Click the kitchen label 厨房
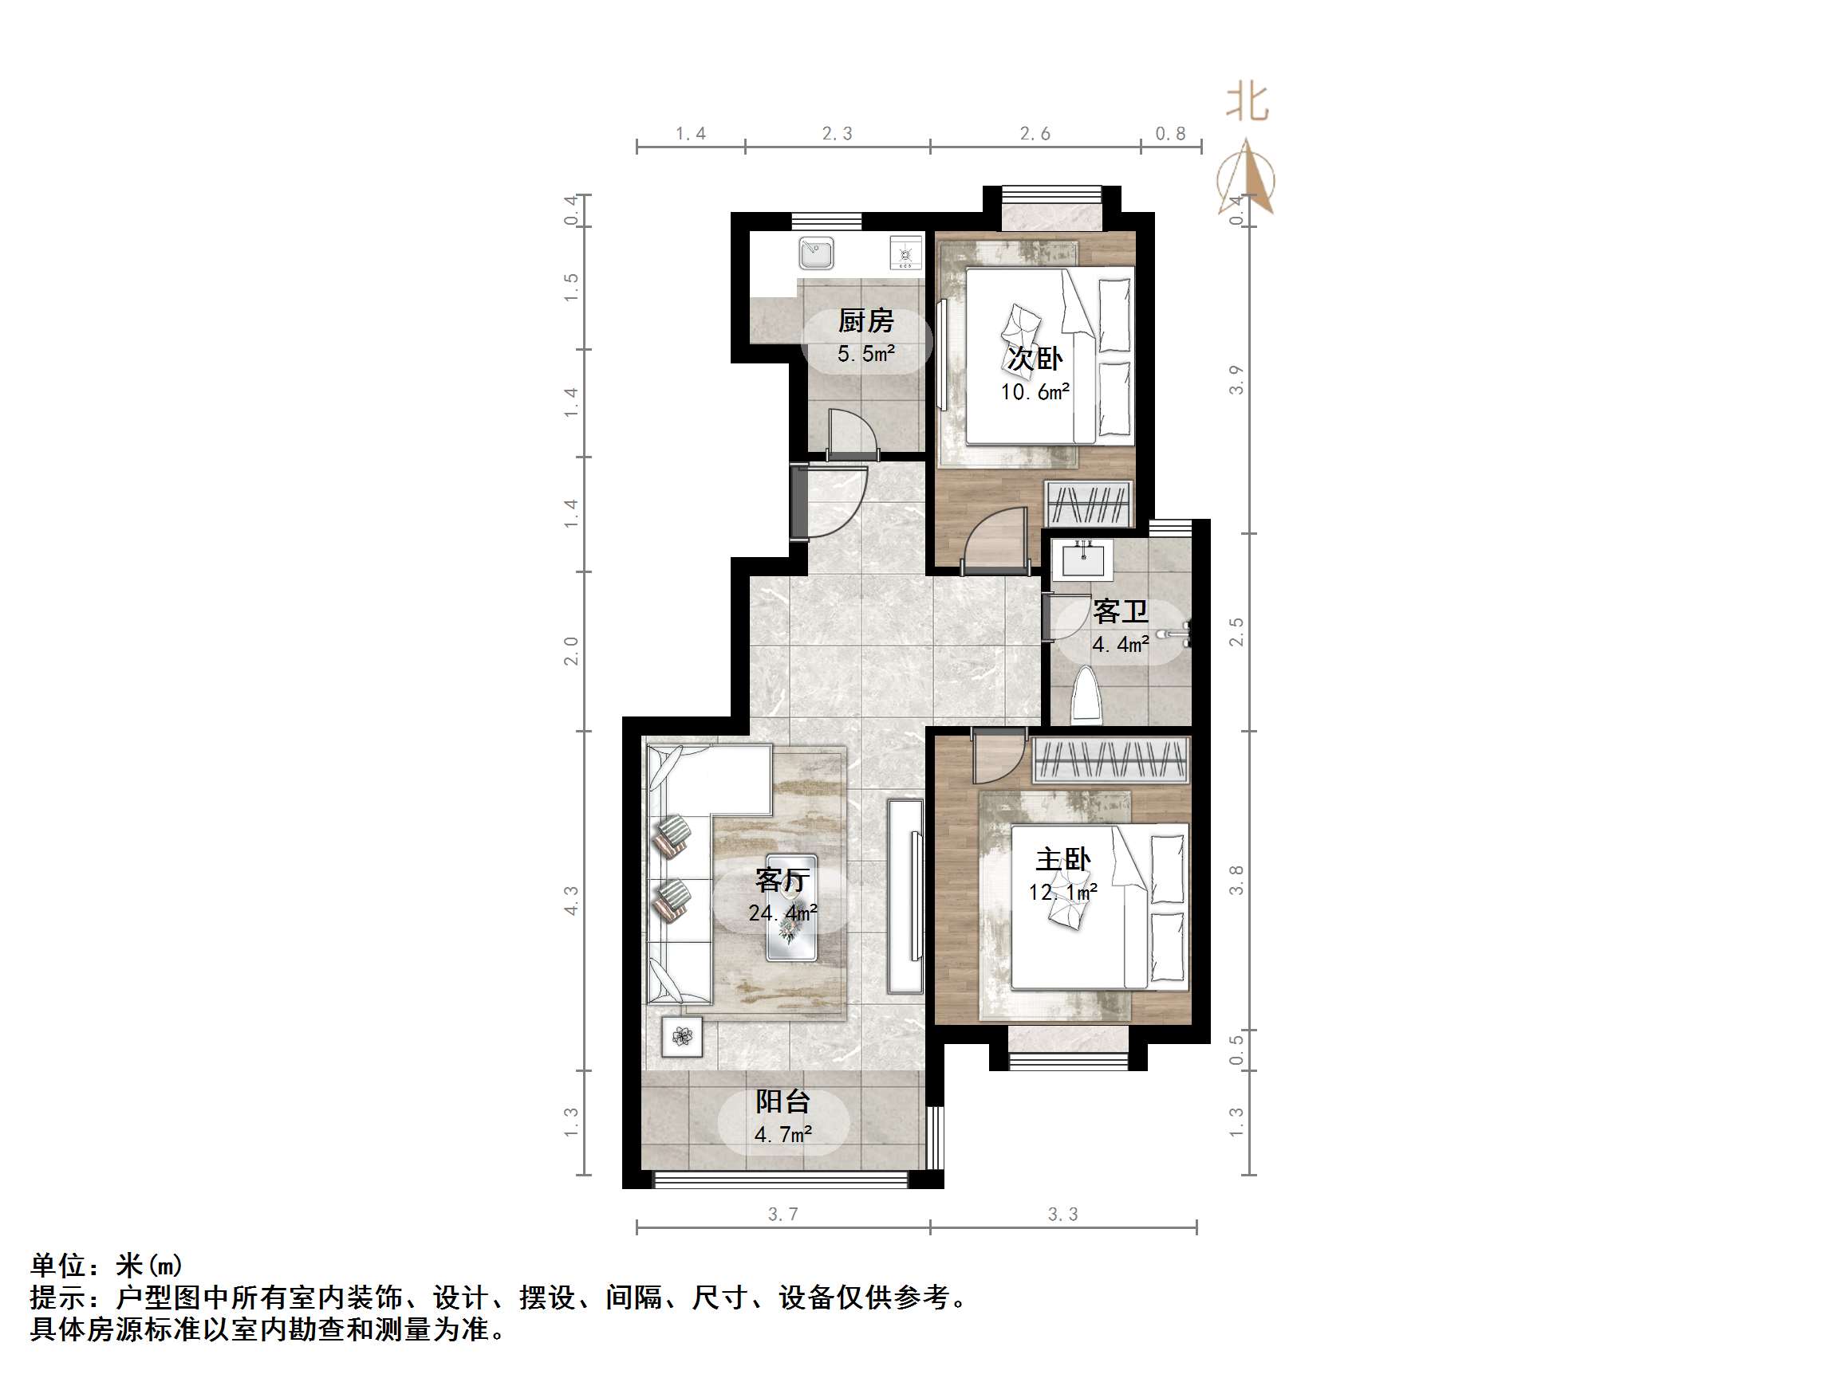[x=866, y=320]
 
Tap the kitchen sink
[x=816, y=253]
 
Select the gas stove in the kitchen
[x=905, y=253]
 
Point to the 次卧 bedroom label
[x=1035, y=359]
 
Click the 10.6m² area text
[x=1035, y=392]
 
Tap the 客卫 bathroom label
[x=1120, y=612]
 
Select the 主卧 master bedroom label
[x=1063, y=860]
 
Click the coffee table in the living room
[x=791, y=908]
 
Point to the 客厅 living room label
[x=782, y=880]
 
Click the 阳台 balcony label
[x=782, y=1101]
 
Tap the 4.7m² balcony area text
[x=782, y=1134]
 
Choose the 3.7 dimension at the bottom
[x=782, y=1214]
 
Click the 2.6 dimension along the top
[x=1035, y=133]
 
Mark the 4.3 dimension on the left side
[x=571, y=901]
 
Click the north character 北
[x=1248, y=103]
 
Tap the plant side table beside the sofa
[x=682, y=1036]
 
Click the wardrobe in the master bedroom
[x=1111, y=760]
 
